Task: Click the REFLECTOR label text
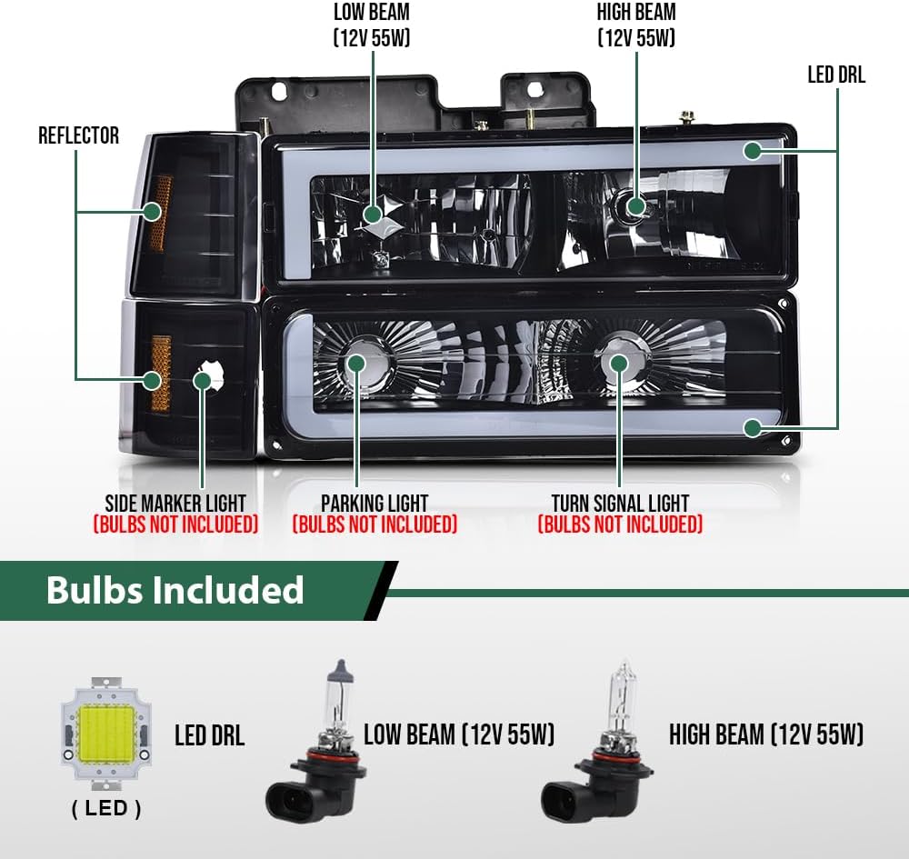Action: (x=79, y=135)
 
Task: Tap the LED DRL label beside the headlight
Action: (x=836, y=75)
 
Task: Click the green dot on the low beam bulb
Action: (x=373, y=215)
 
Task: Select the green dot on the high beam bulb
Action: (x=636, y=205)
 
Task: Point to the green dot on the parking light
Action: (x=355, y=364)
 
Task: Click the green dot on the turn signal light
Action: (x=619, y=364)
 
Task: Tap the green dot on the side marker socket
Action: (x=203, y=381)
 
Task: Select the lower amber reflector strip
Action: (x=162, y=374)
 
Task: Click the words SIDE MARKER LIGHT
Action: (x=175, y=503)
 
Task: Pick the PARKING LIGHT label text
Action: (x=375, y=503)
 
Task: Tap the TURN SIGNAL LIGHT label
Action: (x=620, y=503)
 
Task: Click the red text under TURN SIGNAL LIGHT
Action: (x=620, y=524)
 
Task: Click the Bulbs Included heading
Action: (x=175, y=590)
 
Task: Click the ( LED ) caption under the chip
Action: (x=106, y=809)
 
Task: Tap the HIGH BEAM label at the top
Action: (x=636, y=12)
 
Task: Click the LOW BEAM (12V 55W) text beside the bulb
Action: (x=459, y=734)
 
